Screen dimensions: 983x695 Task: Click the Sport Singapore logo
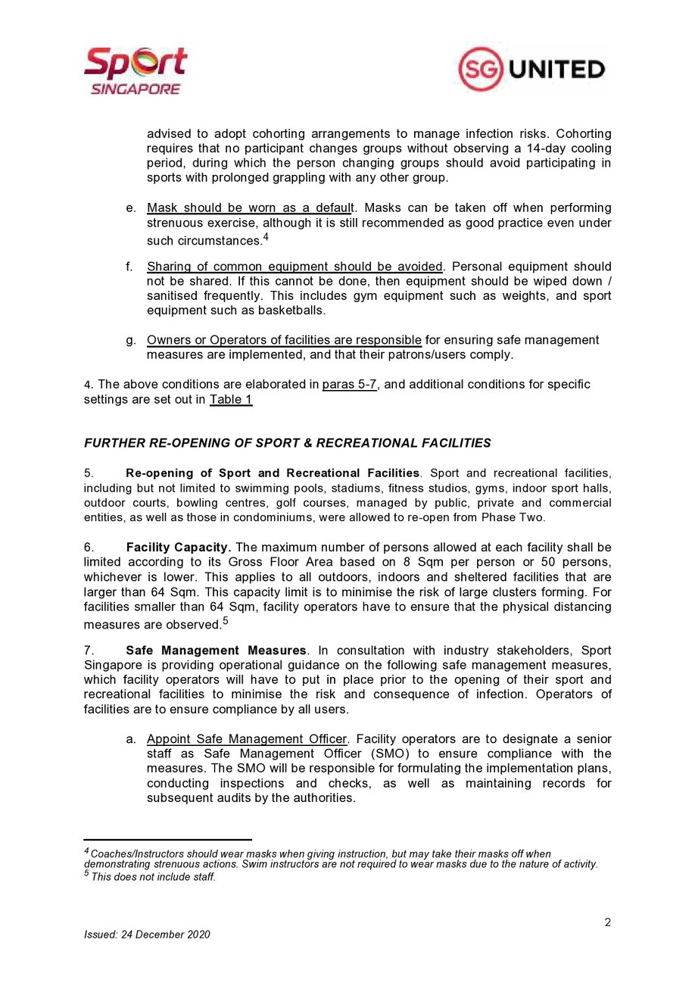[x=136, y=70]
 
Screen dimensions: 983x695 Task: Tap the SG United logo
[x=531, y=70]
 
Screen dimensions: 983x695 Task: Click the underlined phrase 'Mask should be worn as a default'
[x=250, y=208]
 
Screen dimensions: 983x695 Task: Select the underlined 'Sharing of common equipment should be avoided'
[x=295, y=267]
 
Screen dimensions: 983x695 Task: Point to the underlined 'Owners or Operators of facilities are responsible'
[x=284, y=340]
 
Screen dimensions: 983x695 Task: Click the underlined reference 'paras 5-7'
[x=349, y=384]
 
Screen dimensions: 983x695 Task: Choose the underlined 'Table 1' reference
[x=231, y=399]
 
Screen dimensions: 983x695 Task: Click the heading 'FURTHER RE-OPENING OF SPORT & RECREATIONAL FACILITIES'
[x=287, y=443]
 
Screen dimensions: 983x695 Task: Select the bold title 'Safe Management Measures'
[x=217, y=651]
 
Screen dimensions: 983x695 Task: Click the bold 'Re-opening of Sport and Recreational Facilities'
[x=273, y=473]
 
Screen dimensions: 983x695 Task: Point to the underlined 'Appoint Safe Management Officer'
[x=247, y=738]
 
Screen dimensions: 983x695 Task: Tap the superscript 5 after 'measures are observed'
[x=226, y=621]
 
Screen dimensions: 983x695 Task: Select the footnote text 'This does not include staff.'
[x=154, y=877]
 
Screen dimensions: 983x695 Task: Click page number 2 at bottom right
[x=607, y=922]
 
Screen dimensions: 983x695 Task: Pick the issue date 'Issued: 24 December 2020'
[x=147, y=934]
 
